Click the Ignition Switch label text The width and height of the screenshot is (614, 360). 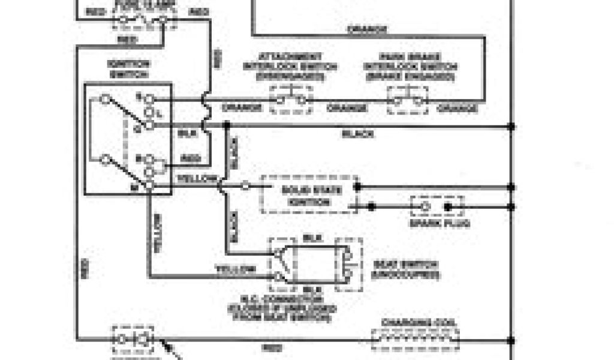(x=128, y=68)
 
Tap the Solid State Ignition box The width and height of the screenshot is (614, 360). (x=309, y=194)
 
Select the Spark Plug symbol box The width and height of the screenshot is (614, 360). (x=437, y=207)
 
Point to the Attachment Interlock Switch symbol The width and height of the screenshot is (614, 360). (x=291, y=100)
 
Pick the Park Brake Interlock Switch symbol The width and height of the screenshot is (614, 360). (x=408, y=100)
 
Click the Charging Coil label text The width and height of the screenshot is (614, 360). (x=419, y=322)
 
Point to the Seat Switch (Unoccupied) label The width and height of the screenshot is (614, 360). (x=405, y=269)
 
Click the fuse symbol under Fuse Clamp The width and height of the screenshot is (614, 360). (x=142, y=20)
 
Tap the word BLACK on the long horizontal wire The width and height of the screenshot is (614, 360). (x=358, y=134)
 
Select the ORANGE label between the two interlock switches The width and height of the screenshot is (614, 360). (x=347, y=108)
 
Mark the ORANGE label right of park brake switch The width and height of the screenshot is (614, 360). (x=457, y=108)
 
